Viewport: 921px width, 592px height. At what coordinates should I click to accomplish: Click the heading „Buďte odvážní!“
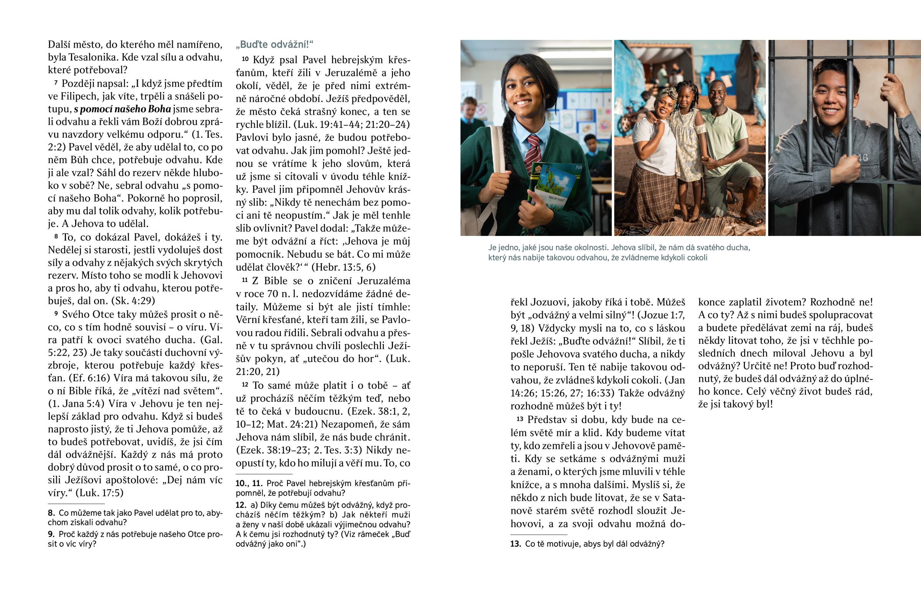274,45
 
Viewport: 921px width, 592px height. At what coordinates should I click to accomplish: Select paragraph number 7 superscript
56,82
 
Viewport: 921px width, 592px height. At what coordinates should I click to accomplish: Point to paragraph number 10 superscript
245,59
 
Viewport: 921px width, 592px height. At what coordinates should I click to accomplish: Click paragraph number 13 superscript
520,419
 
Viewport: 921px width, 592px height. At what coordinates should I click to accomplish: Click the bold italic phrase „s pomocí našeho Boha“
122,109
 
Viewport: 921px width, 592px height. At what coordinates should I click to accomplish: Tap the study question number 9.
51,534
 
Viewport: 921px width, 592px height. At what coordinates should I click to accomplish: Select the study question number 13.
515,544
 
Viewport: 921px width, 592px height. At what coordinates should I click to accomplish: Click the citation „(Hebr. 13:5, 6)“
343,267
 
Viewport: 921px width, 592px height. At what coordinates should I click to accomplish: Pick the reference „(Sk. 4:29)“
133,301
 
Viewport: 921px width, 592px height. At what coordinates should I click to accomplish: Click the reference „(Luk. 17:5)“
99,493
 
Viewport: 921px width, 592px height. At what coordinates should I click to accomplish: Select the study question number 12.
241,505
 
